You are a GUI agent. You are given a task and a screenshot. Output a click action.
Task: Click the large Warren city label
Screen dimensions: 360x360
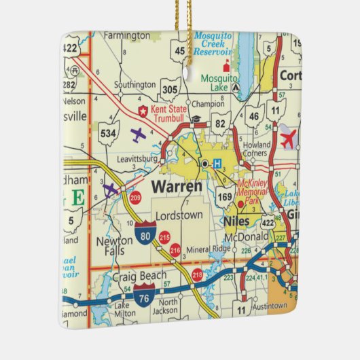click(x=176, y=185)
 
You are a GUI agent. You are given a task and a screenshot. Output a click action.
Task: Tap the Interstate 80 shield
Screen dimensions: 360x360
click(x=144, y=234)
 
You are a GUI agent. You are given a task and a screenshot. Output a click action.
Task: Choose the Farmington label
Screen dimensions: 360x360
click(x=126, y=35)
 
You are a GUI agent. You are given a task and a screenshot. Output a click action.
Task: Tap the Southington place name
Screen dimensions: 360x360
click(x=134, y=86)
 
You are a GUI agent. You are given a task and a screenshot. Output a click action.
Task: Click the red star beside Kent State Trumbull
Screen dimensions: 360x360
click(x=143, y=110)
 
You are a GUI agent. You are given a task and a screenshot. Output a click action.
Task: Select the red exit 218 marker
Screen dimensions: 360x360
click(x=198, y=275)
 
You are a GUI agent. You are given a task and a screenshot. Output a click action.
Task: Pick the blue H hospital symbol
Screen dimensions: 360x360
click(x=217, y=164)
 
